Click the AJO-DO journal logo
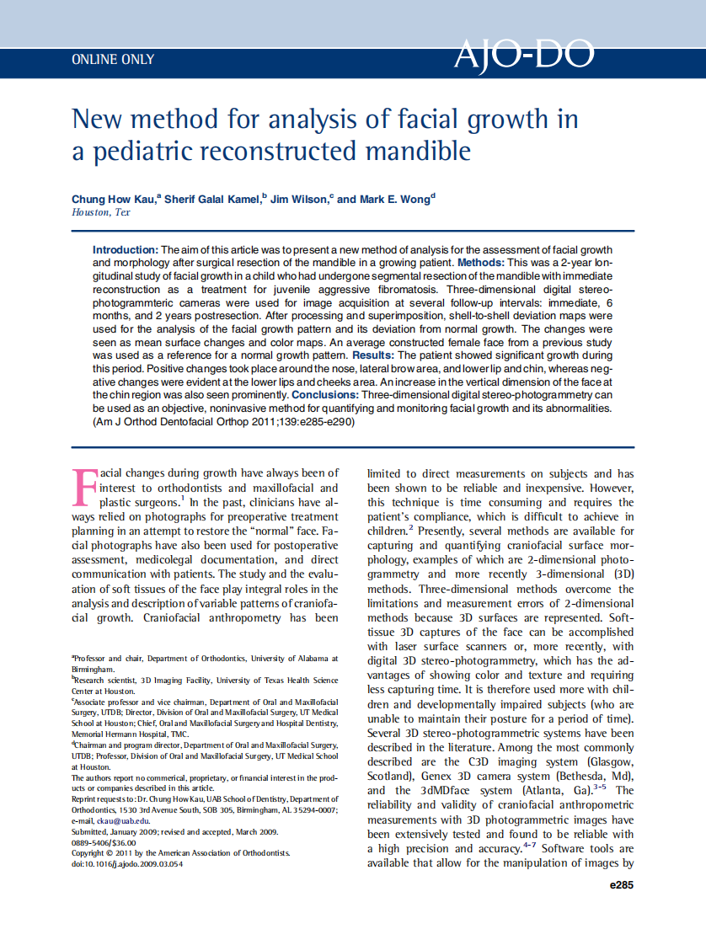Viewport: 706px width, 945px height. [x=523, y=55]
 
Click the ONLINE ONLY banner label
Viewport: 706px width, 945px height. [x=113, y=60]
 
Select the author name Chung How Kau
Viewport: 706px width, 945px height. [x=112, y=199]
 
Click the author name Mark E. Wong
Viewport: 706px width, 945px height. [x=394, y=199]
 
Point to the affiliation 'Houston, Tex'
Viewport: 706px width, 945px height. [x=101, y=212]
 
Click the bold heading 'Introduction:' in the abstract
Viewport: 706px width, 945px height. [x=125, y=250]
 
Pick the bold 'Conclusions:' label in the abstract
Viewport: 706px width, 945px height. [x=325, y=394]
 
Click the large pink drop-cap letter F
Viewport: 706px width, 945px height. [x=85, y=488]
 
